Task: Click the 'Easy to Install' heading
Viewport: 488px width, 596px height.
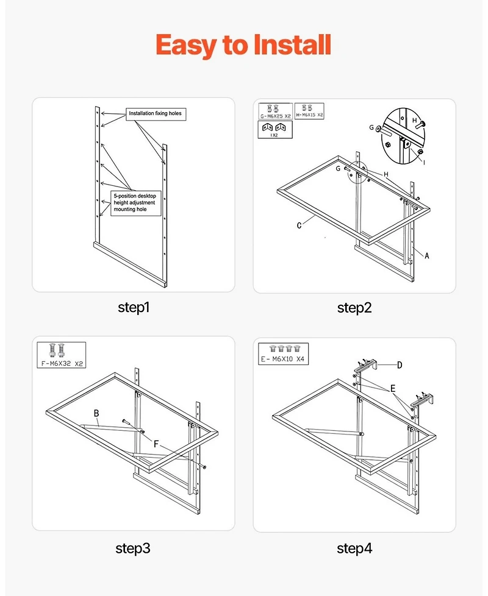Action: click(x=243, y=45)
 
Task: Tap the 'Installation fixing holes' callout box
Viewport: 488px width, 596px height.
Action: click(x=155, y=113)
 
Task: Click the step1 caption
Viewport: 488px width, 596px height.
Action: click(x=133, y=307)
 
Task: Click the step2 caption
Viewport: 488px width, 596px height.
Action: click(x=354, y=308)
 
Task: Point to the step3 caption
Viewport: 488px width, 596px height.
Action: click(x=133, y=548)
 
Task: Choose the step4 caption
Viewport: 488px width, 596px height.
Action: click(x=354, y=548)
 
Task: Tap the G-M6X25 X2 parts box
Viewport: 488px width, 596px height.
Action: click(x=274, y=110)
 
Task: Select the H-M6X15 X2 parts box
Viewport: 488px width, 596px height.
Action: click(x=309, y=110)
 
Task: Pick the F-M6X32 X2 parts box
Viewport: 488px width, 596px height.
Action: click(x=61, y=355)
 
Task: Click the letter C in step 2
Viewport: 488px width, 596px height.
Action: click(x=300, y=225)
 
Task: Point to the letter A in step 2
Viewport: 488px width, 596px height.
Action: click(x=427, y=256)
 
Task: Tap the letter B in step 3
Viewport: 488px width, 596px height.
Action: click(x=96, y=413)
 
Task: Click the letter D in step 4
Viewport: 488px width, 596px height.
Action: click(x=399, y=365)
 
